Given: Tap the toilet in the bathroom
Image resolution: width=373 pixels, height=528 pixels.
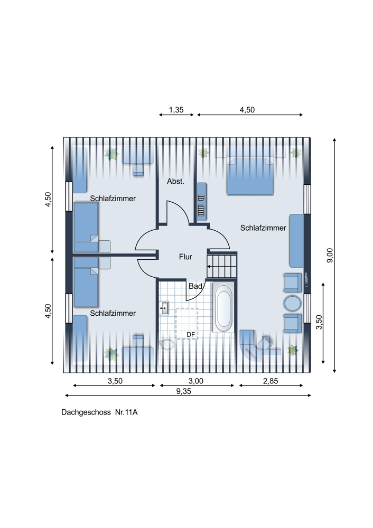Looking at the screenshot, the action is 166,344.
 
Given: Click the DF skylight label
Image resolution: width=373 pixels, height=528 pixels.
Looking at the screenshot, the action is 191,334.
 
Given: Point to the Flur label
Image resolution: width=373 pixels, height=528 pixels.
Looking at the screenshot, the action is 185,257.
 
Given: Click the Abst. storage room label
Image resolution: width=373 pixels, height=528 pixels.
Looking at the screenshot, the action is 175,181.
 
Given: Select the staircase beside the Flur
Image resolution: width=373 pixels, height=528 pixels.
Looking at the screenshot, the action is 221,266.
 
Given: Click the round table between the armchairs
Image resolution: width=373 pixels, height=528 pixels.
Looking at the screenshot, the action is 293,304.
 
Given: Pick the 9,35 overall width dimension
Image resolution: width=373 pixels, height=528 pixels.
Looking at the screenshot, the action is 184,391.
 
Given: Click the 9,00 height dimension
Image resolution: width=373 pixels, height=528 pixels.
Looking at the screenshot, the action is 330,255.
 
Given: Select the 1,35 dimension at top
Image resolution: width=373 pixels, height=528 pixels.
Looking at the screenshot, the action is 176,110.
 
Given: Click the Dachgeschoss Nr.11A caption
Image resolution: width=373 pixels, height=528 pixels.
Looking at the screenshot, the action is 99,412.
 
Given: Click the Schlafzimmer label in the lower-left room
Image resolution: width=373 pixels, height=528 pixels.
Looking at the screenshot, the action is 113,313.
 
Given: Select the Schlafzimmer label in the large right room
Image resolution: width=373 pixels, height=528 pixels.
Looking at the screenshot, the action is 263,228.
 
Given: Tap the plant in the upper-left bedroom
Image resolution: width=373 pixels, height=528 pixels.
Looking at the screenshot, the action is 111,154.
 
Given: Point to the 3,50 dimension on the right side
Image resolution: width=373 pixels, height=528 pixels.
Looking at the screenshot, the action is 320,322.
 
